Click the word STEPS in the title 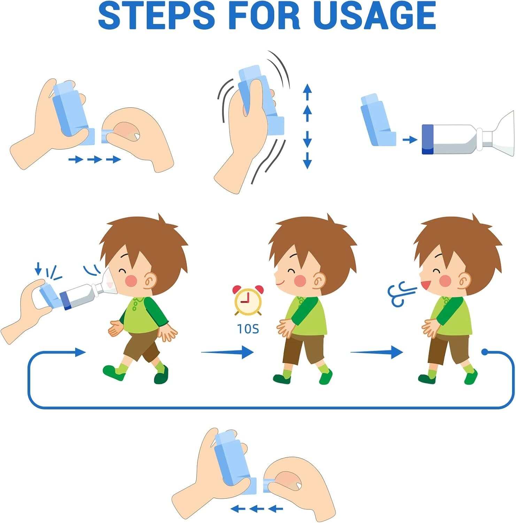tap(156, 16)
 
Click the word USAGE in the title tap(374, 16)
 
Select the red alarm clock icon tap(248, 300)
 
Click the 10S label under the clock tap(248, 329)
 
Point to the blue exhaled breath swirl tap(401, 294)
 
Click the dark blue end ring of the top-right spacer tap(428, 139)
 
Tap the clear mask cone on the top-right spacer tap(502, 134)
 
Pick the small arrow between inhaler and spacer tap(409, 140)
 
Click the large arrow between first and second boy tap(228, 352)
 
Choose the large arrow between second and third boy tap(377, 352)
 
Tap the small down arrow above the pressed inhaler tap(38, 268)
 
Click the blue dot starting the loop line tap(484, 352)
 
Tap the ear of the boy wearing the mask tap(151, 280)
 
